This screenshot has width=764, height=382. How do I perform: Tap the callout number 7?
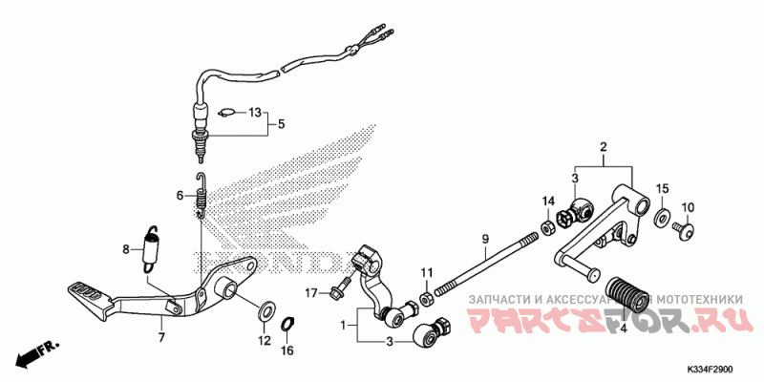pyautogui.click(x=160, y=337)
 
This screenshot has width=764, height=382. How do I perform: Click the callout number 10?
pyautogui.click(x=689, y=207)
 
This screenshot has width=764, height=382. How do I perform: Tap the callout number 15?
pyautogui.click(x=662, y=188)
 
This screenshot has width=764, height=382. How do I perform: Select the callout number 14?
pyautogui.click(x=548, y=201)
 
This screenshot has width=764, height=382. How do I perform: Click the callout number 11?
pyautogui.click(x=427, y=273)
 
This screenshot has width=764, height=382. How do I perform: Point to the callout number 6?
pyautogui.click(x=179, y=195)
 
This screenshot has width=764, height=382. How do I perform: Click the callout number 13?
pyautogui.click(x=254, y=113)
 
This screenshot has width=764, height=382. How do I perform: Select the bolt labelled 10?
pyautogui.click(x=680, y=228)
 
